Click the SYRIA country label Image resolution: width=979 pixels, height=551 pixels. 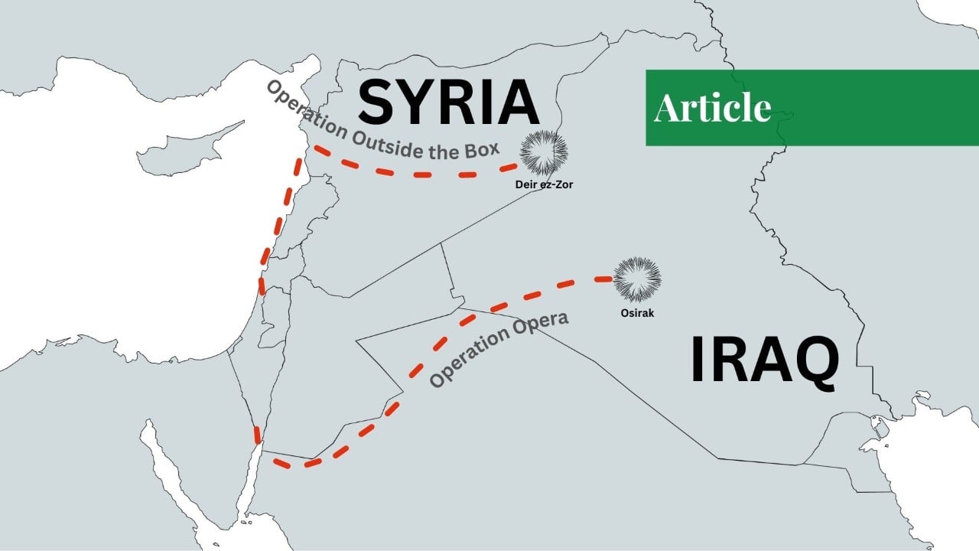448,103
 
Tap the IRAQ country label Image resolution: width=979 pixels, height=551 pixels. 764,360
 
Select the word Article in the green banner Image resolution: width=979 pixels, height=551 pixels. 712,108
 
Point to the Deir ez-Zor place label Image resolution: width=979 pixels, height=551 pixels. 545,184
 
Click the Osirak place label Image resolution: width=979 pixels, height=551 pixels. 637,313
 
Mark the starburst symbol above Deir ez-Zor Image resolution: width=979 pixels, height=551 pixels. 544,152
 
